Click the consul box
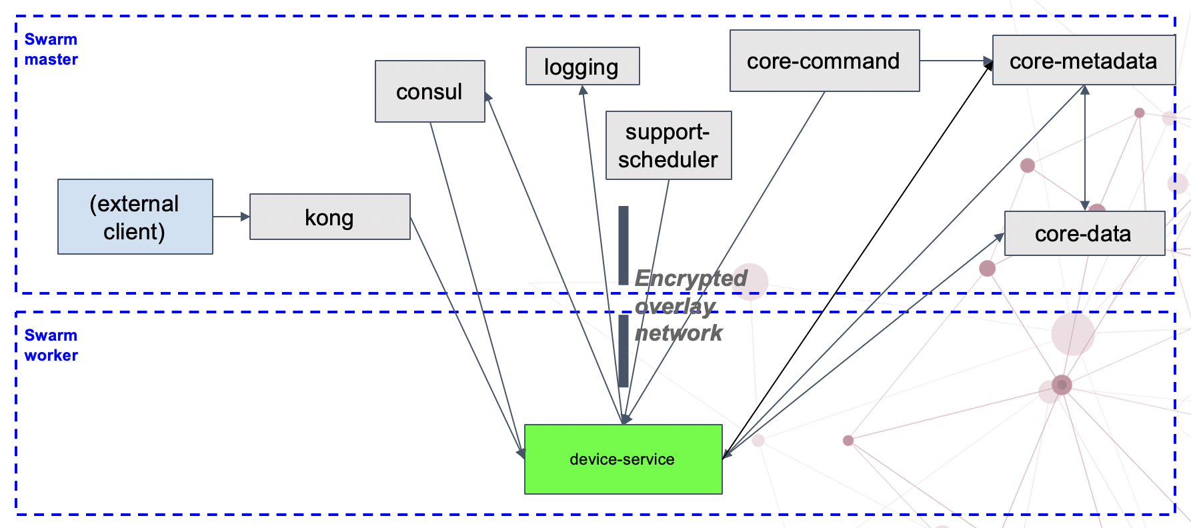[429, 91]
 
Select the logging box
[582, 66]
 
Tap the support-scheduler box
[668, 145]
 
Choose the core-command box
[824, 61]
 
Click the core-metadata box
[1083, 60]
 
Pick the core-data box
[1084, 233]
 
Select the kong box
[329, 217]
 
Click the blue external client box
[135, 217]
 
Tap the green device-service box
[623, 459]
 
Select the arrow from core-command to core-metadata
[956, 61]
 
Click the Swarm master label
[51, 49]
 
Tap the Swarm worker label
[51, 345]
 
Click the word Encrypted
[690, 278]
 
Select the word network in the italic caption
[678, 333]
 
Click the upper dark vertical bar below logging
[624, 245]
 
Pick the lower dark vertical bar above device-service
[624, 351]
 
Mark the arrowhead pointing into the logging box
[583, 90]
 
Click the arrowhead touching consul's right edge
[488, 97]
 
